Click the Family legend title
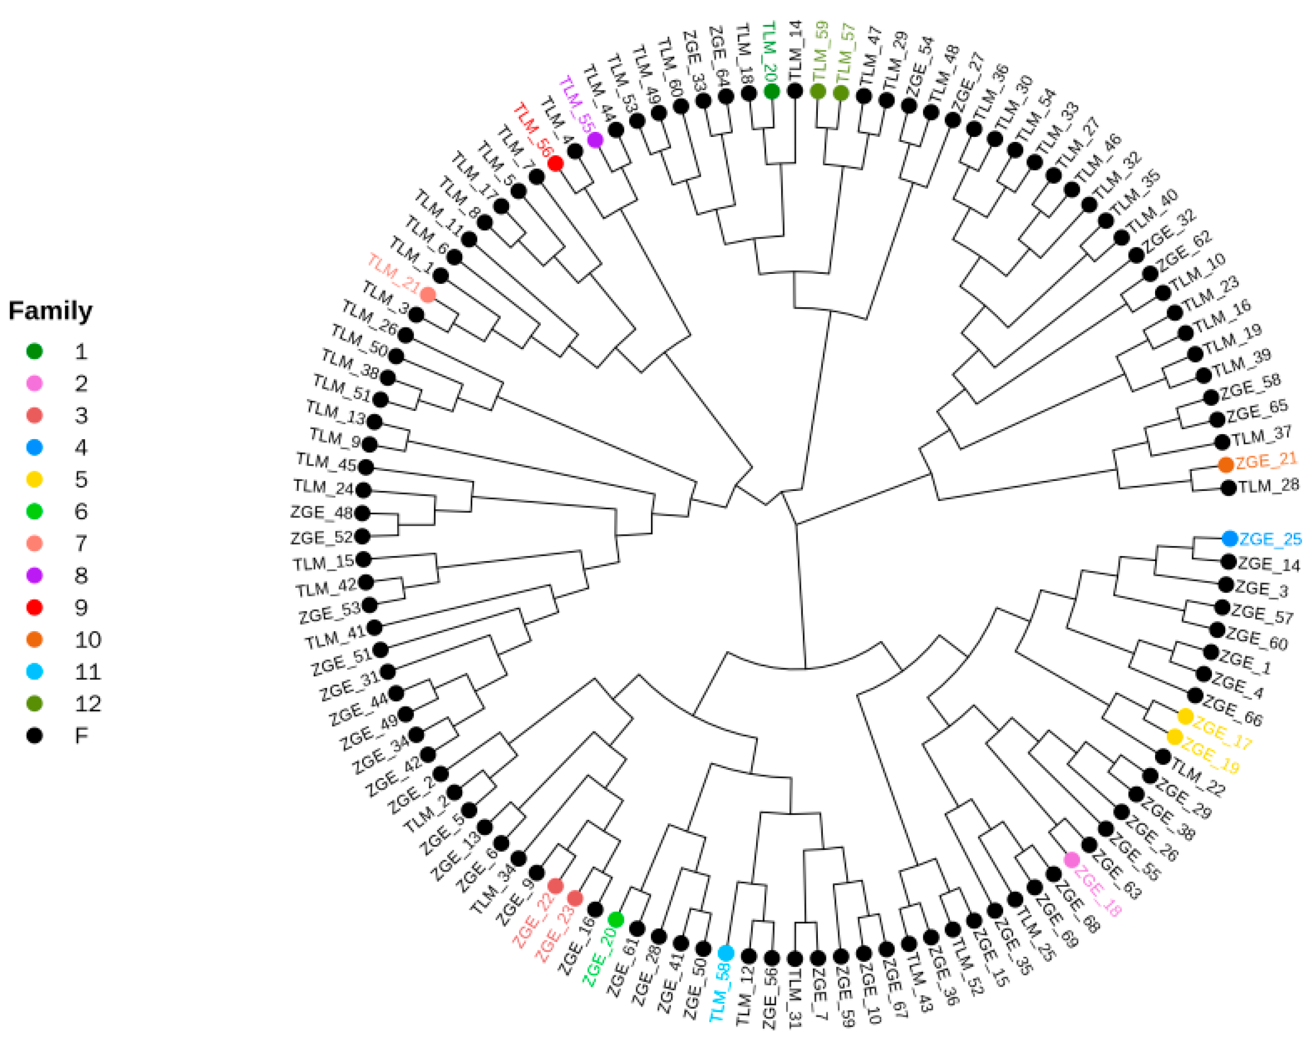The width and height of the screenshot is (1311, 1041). click(50, 311)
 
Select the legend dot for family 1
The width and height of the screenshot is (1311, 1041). click(35, 351)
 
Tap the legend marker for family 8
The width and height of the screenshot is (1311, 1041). click(35, 575)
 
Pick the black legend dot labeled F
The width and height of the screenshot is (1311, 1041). click(35, 735)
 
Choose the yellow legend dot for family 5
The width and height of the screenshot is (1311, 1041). click(35, 479)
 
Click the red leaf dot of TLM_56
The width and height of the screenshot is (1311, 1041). click(555, 163)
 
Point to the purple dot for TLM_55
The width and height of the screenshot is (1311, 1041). click(595, 140)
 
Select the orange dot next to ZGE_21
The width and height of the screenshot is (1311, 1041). click(1226, 465)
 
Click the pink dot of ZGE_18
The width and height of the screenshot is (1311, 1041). click(1071, 860)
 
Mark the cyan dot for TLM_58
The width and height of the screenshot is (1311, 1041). click(725, 953)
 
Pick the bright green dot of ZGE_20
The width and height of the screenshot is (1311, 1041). click(615, 920)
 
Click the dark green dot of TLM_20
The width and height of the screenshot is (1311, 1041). click(772, 91)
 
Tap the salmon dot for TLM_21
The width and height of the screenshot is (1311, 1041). click(428, 295)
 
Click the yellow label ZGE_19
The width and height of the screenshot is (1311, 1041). click(1209, 757)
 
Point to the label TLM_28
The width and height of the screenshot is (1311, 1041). click(1269, 485)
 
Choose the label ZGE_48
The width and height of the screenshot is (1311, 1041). click(321, 513)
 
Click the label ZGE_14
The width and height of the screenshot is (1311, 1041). click(1269, 565)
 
